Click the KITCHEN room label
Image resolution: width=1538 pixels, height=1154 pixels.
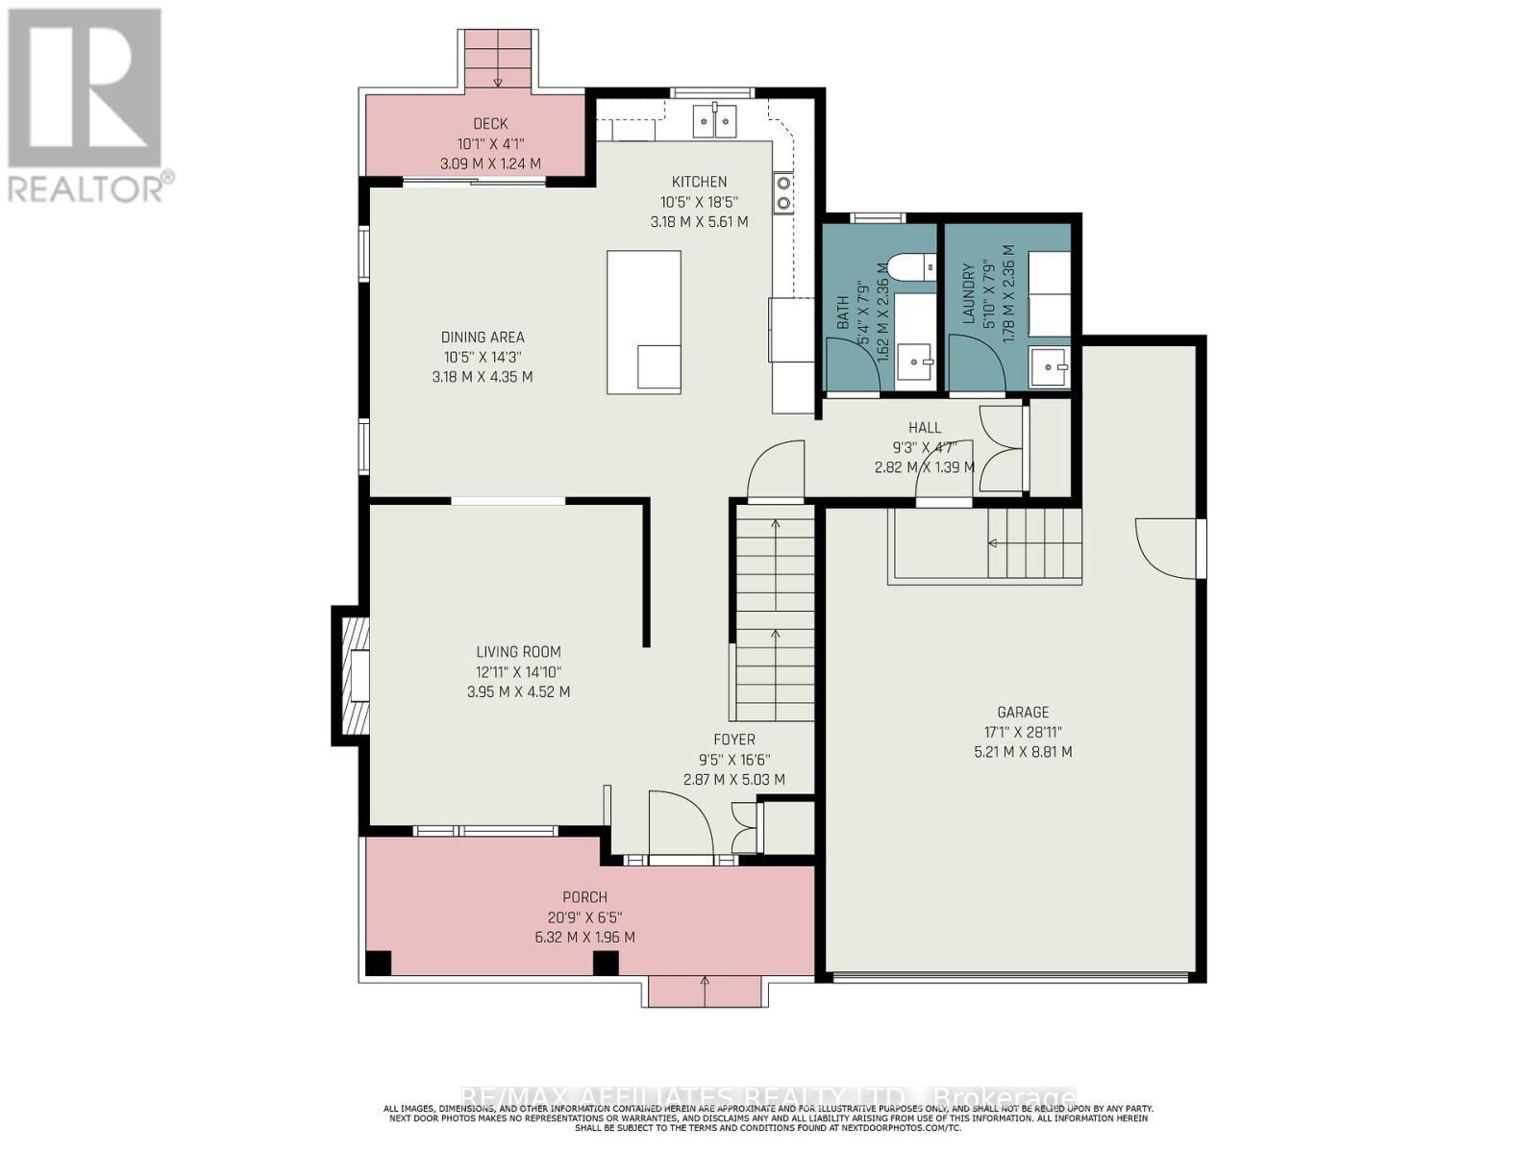click(x=699, y=182)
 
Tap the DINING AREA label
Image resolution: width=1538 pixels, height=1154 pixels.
click(x=483, y=338)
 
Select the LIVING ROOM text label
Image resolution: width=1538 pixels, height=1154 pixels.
click(x=518, y=652)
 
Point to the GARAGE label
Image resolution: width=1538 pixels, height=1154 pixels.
click(x=1023, y=713)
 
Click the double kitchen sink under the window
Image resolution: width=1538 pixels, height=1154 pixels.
click(x=715, y=119)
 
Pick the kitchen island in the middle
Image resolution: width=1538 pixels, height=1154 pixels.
click(x=644, y=322)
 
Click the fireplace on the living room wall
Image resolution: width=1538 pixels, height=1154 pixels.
click(x=355, y=676)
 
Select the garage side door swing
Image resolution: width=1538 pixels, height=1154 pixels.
click(x=1166, y=548)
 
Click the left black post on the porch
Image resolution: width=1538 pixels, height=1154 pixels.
click(x=379, y=963)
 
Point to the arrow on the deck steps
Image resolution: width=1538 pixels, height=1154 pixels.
click(x=498, y=81)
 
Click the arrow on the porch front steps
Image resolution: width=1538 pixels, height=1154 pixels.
click(x=705, y=982)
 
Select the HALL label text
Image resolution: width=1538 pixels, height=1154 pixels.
click(x=925, y=428)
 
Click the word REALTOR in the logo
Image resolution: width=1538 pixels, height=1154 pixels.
click(x=85, y=188)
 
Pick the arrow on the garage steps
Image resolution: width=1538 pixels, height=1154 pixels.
click(x=993, y=544)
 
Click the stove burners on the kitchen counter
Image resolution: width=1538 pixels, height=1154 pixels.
click(x=782, y=192)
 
